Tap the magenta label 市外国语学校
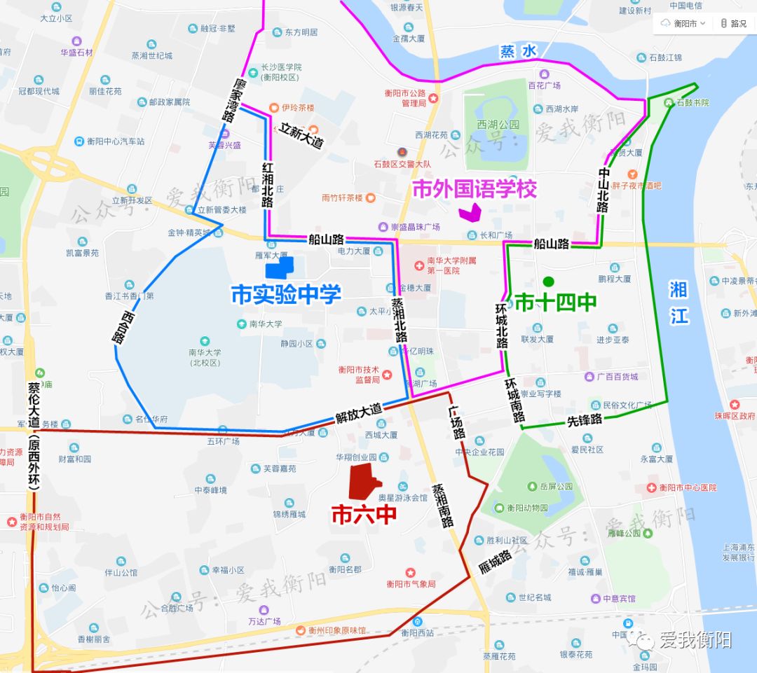click(475, 189)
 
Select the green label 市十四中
click(556, 303)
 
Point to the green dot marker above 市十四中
click(549, 282)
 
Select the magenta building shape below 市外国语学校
click(468, 210)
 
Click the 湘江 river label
click(678, 303)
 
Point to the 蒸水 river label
click(518, 51)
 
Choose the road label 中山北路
click(605, 190)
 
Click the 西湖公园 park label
click(498, 125)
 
